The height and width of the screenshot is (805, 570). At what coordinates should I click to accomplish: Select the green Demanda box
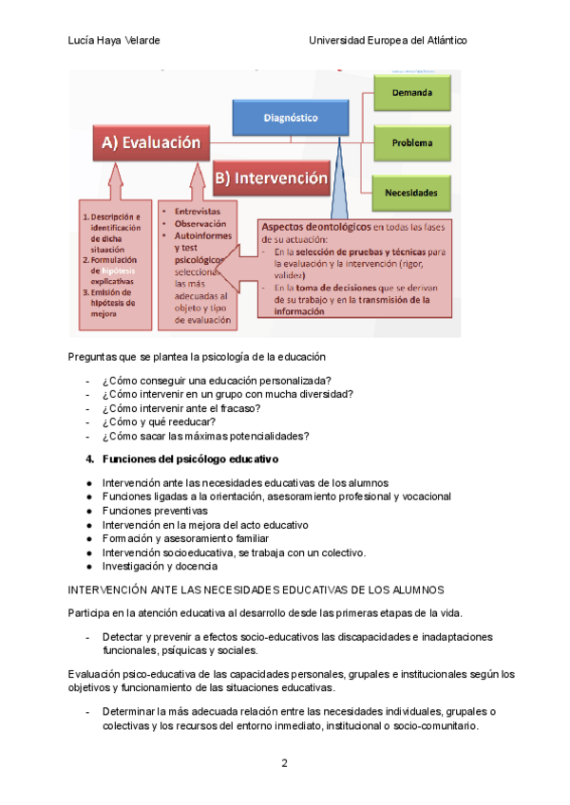(411, 93)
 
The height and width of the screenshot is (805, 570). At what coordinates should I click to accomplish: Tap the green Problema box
(411, 143)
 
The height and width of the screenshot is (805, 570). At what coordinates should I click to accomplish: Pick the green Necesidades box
(411, 193)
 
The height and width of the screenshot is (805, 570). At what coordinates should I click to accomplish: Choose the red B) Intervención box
(271, 178)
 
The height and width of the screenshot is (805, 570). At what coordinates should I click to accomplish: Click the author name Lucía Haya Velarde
(114, 41)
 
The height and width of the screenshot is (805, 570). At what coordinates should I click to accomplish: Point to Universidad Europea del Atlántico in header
(388, 41)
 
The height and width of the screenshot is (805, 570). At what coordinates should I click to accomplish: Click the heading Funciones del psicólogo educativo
(190, 459)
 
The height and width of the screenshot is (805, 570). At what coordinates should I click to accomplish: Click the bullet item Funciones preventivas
(155, 510)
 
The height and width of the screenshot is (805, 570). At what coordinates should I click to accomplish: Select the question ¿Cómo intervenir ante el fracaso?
(180, 408)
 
